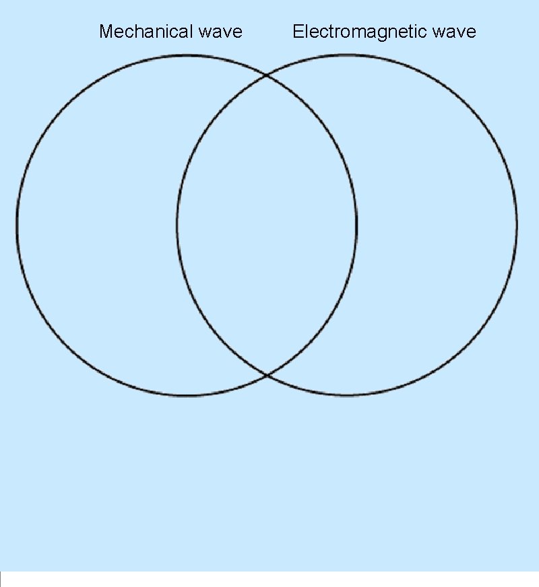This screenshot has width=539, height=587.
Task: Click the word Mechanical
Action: pyautogui.click(x=146, y=32)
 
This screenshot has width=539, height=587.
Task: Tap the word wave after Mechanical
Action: pyautogui.click(x=220, y=32)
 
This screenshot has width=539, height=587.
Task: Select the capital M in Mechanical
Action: pyautogui.click(x=105, y=32)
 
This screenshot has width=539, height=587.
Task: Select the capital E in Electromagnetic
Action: pyautogui.click(x=297, y=32)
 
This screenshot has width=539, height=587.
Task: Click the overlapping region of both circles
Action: pyautogui.click(x=267, y=224)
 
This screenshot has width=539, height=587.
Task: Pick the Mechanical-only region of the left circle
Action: pyautogui.click(x=94, y=224)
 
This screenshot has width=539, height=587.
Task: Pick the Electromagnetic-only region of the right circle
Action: pyautogui.click(x=438, y=224)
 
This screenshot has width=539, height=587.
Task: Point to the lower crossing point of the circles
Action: pyautogui.click(x=267, y=375)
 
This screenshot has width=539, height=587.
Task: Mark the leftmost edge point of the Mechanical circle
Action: pyautogui.click(x=17, y=224)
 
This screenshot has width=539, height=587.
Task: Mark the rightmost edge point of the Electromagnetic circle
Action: pyautogui.click(x=517, y=224)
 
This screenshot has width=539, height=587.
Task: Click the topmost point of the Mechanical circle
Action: pyautogui.click(x=187, y=55)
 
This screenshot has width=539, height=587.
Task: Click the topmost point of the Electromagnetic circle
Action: pyautogui.click(x=347, y=55)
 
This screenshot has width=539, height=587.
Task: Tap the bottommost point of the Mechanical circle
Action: pyautogui.click(x=187, y=395)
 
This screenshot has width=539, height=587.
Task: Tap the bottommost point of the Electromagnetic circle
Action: pyautogui.click(x=347, y=394)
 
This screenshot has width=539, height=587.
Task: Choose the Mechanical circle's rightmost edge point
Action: pyautogui.click(x=356, y=224)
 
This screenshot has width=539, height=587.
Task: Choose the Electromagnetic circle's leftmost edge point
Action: pyautogui.click(x=177, y=224)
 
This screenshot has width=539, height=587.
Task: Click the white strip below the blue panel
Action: pyautogui.click(x=269, y=580)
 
